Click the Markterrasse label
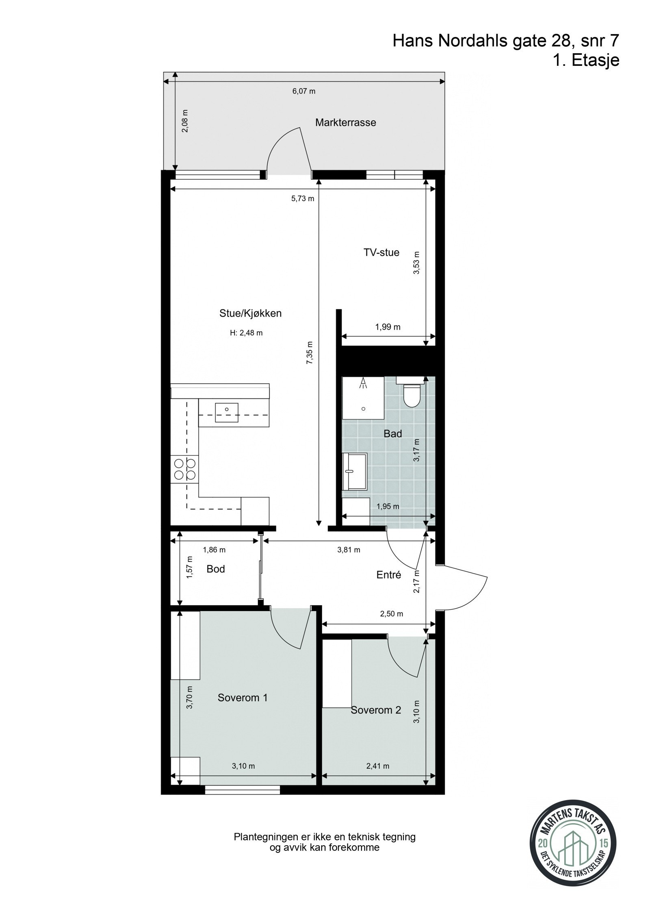click(x=345, y=122)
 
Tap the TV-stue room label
click(x=381, y=252)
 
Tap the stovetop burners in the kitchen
click(x=184, y=468)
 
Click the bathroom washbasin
click(x=354, y=471)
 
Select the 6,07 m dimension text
click(x=304, y=91)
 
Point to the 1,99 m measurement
click(x=388, y=327)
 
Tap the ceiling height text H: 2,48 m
click(x=246, y=333)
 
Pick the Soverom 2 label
click(x=376, y=710)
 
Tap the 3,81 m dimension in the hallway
click(x=349, y=550)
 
